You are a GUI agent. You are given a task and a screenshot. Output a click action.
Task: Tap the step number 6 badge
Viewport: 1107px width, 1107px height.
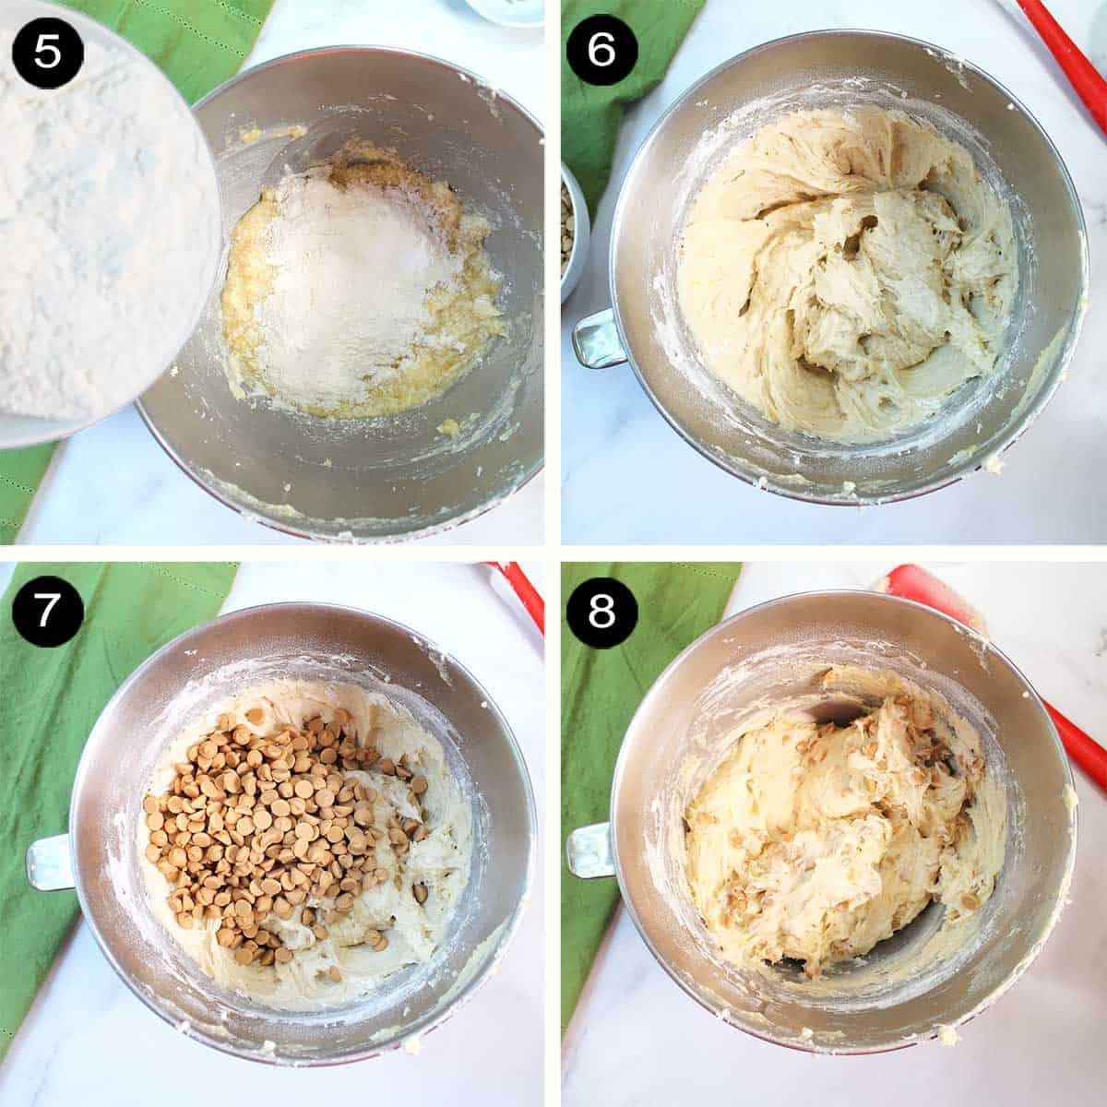point(601,51)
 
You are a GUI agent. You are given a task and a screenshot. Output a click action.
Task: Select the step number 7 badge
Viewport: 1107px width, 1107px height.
point(48,612)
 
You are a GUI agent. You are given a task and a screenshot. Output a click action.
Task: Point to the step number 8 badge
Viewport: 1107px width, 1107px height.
point(601,612)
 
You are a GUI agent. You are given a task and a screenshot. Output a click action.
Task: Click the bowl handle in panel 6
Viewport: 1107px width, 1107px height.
point(599,339)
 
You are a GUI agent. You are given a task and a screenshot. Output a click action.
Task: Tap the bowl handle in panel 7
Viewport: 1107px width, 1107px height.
point(50,863)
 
